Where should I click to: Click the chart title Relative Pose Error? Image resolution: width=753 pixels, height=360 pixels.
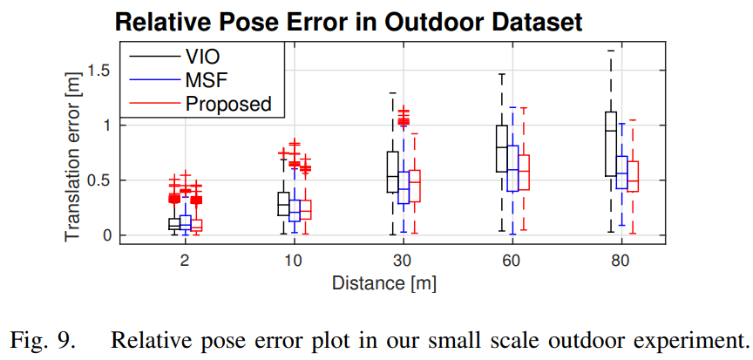point(349,22)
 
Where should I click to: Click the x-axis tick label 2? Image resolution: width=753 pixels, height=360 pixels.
point(185,262)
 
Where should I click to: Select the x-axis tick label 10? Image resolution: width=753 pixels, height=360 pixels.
point(295,262)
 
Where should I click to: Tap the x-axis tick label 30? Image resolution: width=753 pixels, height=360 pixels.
point(404,262)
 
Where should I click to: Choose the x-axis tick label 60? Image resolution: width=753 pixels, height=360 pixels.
point(513,262)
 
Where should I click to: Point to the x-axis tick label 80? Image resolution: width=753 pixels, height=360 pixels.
point(622,262)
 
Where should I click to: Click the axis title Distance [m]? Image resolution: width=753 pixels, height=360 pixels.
point(383,283)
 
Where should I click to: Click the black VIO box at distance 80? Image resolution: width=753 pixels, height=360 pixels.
point(611,144)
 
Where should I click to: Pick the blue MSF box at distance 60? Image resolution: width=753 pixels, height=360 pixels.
point(512,168)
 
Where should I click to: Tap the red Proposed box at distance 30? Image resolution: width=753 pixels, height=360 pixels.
point(414,186)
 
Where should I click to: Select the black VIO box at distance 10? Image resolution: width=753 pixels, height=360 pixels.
point(283,203)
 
